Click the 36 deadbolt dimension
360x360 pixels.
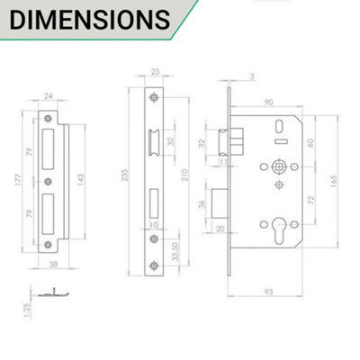(202, 203)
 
